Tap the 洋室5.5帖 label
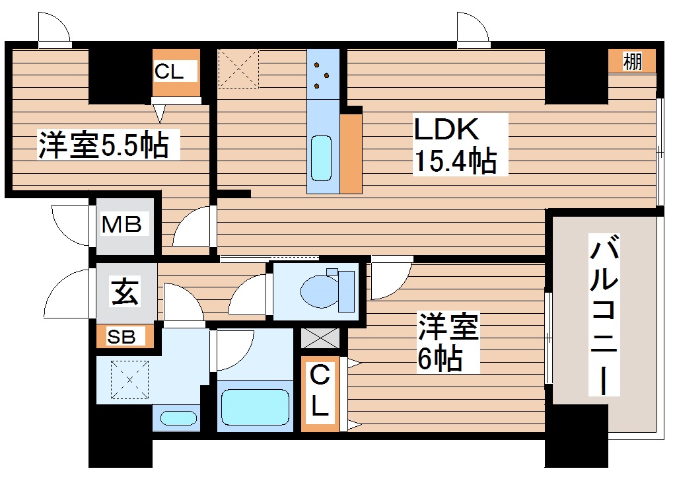[x=102, y=145]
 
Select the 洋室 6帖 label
[x=447, y=342]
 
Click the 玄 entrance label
[x=125, y=292]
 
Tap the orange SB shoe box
[x=125, y=337]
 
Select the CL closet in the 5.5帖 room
[x=175, y=72]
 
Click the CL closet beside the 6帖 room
[x=320, y=392]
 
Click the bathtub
[x=255, y=406]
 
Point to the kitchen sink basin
[x=322, y=157]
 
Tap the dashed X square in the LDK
[x=238, y=68]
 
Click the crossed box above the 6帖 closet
[x=321, y=338]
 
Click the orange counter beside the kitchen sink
[x=351, y=153]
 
